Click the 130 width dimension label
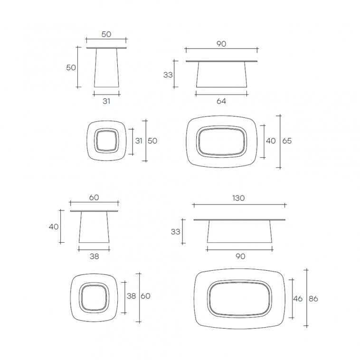[x=238, y=198]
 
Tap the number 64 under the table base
[x=221, y=101]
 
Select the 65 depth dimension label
[x=287, y=141]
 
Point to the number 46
[x=298, y=298]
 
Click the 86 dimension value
[x=313, y=298]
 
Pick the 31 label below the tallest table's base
[x=106, y=101]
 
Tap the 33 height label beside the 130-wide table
[x=175, y=232]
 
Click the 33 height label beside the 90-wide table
[x=168, y=75]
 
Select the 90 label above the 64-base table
[x=221, y=44]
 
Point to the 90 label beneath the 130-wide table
[x=240, y=256]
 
